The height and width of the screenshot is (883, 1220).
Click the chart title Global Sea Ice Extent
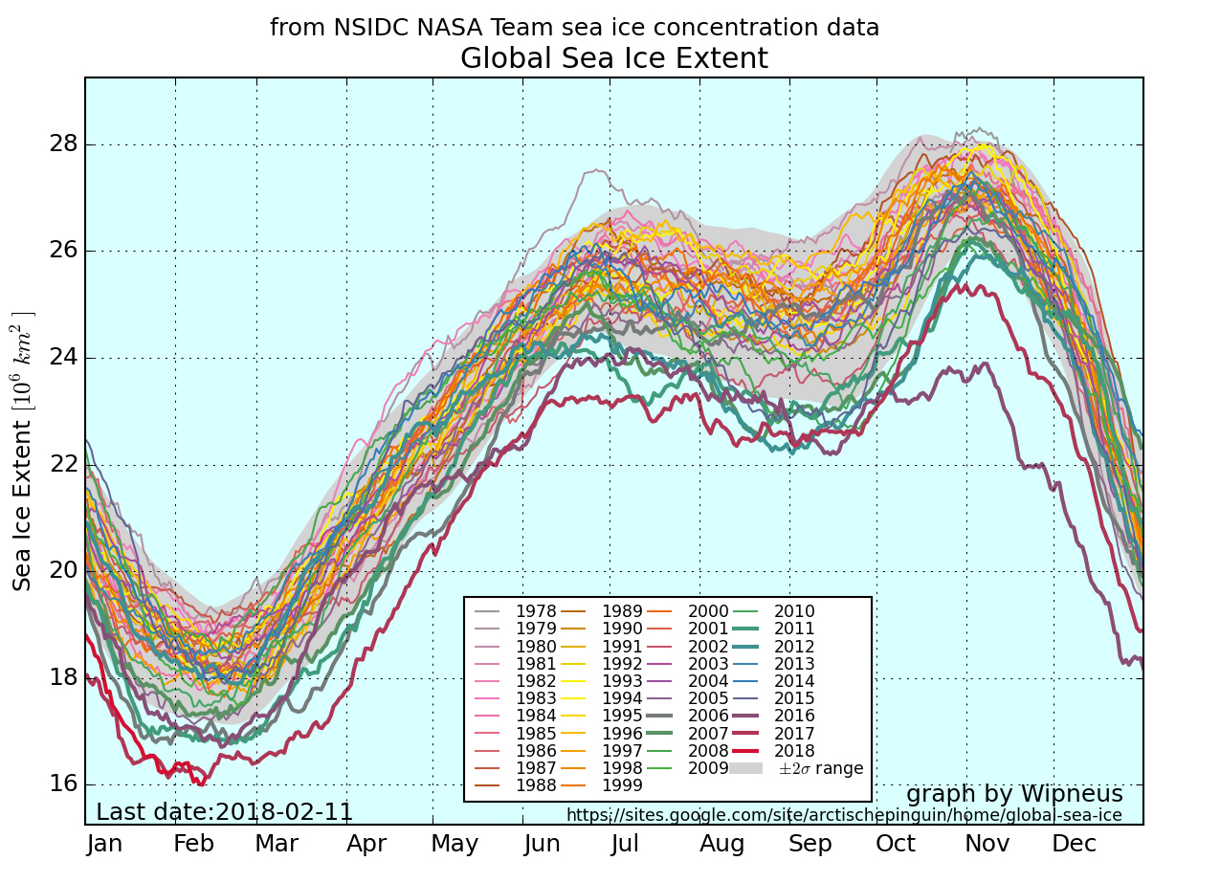(613, 59)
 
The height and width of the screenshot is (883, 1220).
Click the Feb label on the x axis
(193, 844)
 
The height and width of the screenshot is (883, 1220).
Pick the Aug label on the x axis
(722, 844)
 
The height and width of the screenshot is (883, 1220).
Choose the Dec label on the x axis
(1074, 844)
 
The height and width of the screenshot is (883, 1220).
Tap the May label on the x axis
(455, 844)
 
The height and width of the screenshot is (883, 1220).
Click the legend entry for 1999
(621, 785)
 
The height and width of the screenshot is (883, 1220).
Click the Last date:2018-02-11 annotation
(224, 812)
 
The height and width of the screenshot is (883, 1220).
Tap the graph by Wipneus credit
(1014, 794)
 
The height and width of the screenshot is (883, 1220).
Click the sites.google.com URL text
(844, 815)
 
